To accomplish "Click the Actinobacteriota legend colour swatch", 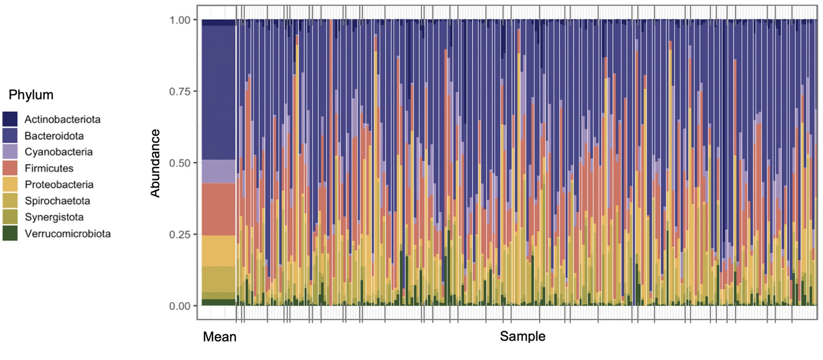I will [10, 119].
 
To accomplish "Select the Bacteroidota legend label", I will [54, 136].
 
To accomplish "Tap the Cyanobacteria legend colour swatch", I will [10, 152].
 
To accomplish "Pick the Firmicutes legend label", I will [49, 168].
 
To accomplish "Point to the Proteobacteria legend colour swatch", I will [10, 184].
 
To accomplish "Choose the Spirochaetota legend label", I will [57, 201].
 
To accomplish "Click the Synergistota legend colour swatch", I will [10, 217].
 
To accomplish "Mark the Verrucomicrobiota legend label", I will [68, 233].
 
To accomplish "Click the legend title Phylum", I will [31, 95].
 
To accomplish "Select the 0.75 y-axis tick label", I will [180, 91].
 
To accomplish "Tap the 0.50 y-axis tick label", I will [180, 163].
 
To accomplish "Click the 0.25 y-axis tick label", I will [180, 235].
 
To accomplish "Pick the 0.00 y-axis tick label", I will [180, 306].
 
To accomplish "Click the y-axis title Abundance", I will [155, 163].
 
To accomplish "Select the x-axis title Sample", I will [523, 336].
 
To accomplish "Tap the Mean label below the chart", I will [220, 337].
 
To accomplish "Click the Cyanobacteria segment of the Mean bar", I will [219, 171].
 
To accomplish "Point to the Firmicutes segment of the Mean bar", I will [219, 209].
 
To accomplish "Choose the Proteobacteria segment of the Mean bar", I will [219, 251].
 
